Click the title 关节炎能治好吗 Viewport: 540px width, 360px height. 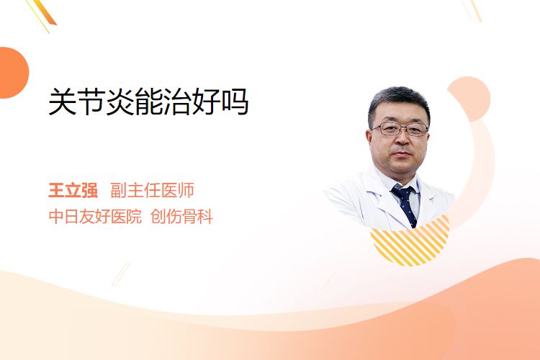tap(148, 102)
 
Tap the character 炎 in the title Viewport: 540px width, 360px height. tap(120, 102)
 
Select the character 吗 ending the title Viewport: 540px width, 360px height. tap(235, 102)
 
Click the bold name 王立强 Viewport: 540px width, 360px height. tap(73, 191)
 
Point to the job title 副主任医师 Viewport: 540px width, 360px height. tap(152, 191)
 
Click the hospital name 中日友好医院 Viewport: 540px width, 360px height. tap(95, 217)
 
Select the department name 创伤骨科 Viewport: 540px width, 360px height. tap(182, 217)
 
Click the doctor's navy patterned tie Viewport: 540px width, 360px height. tap(405, 205)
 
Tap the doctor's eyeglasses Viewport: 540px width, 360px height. tap(400, 129)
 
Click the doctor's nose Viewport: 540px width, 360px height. tap(402, 138)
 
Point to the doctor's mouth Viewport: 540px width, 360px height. tap(402, 153)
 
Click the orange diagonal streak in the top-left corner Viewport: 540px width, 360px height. tap(44, 14)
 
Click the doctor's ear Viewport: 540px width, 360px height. tap(369, 140)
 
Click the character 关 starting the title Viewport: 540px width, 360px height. tap(62, 102)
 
